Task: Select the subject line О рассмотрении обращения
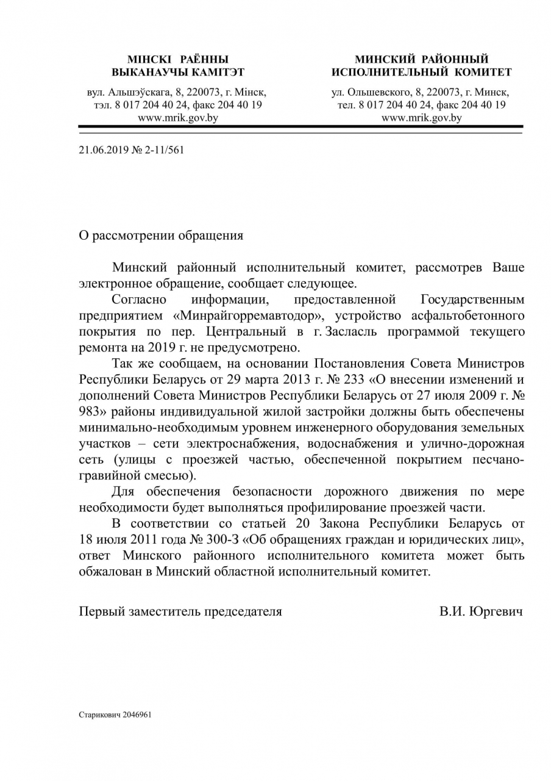tap(161, 236)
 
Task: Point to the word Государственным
tap(472, 300)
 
